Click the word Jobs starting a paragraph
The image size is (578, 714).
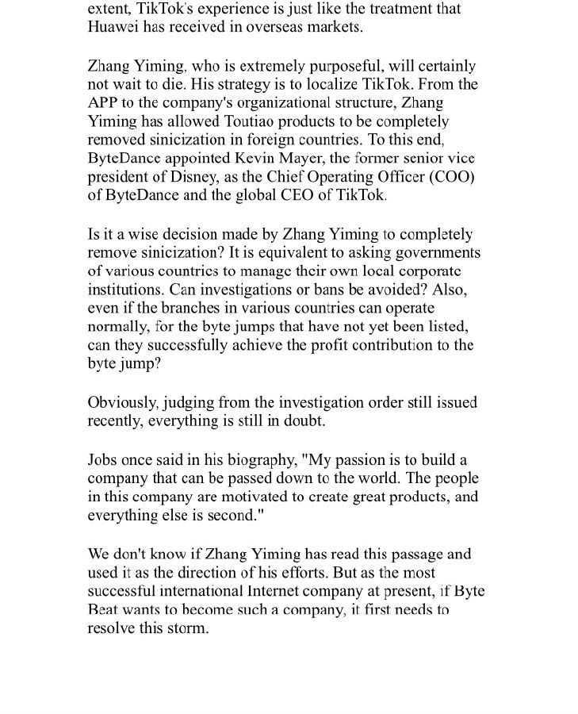click(x=103, y=460)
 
